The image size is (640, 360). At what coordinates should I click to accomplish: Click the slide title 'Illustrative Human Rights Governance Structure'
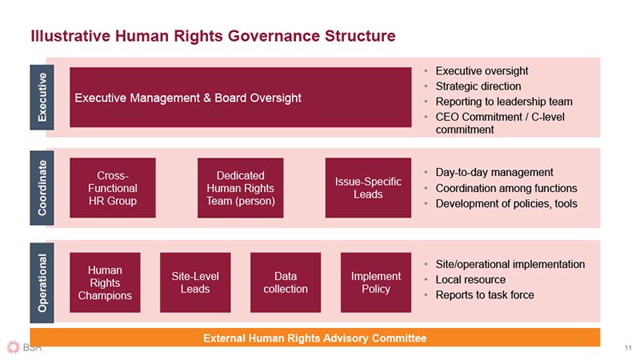click(x=212, y=36)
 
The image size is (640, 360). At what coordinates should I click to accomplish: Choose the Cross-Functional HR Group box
click(x=113, y=188)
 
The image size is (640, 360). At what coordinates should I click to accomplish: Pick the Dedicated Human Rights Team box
click(x=240, y=188)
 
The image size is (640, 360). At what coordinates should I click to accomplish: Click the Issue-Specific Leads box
click(x=368, y=188)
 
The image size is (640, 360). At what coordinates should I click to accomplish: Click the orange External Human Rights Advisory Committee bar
click(x=315, y=338)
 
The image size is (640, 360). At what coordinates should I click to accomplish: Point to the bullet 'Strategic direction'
click(x=478, y=86)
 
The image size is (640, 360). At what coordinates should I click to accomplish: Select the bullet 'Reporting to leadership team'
click(x=503, y=102)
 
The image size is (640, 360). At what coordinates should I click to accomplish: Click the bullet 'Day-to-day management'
click(x=494, y=172)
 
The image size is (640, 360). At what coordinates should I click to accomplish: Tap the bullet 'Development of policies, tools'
click(x=506, y=203)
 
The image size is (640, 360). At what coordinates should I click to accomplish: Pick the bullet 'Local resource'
click(x=470, y=279)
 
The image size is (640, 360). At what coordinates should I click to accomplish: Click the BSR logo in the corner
click(x=24, y=348)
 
